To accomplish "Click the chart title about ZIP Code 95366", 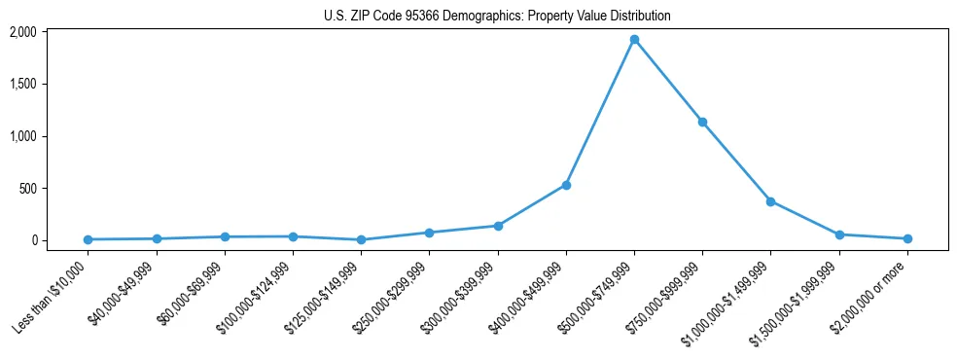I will coord(497,16).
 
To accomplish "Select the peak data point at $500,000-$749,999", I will coord(634,40).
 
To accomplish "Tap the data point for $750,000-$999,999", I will coord(702,123).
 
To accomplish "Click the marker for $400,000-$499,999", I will coord(566,185).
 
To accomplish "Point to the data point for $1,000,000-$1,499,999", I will coord(770,201).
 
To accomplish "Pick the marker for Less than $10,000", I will coord(89,239).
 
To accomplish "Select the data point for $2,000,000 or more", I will coord(907,238).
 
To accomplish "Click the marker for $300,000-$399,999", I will coord(498,226).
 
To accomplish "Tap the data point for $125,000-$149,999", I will coord(361,239).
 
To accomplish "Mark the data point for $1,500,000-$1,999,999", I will coord(838,234).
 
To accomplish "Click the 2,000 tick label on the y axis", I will coord(50,32).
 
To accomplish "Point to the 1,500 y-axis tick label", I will coord(50,85).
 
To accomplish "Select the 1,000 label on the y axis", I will coord(50,136).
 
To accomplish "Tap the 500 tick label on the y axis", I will coord(54,189).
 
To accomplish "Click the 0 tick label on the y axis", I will coord(59,240).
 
